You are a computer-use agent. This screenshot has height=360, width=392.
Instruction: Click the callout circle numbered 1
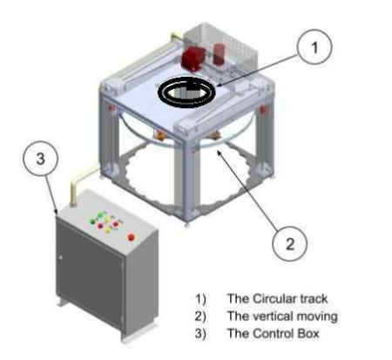pos(314,46)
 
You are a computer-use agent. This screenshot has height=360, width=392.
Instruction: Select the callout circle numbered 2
pos(289,243)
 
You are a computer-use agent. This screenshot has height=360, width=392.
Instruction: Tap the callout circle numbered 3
pos(40,159)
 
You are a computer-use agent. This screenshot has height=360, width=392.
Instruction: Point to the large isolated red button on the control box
pos(132,237)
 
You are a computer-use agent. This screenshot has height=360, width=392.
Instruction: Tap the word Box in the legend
pos(308,333)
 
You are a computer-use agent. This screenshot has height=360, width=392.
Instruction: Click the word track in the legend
pos(314,299)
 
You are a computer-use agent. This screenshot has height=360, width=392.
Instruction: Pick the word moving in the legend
pos(314,316)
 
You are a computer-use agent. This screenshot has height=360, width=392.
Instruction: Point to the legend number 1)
pos(200,299)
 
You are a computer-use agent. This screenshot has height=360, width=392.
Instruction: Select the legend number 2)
pos(200,316)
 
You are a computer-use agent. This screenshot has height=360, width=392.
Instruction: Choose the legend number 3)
pos(200,334)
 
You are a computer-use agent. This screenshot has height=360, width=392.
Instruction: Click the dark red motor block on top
pos(193,59)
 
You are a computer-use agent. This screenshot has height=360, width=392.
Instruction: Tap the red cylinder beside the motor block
pos(220,54)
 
